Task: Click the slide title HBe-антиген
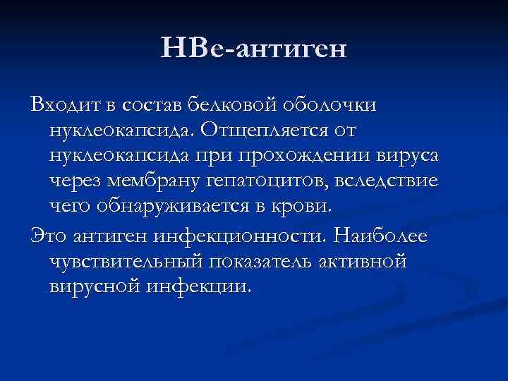[x=254, y=49]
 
